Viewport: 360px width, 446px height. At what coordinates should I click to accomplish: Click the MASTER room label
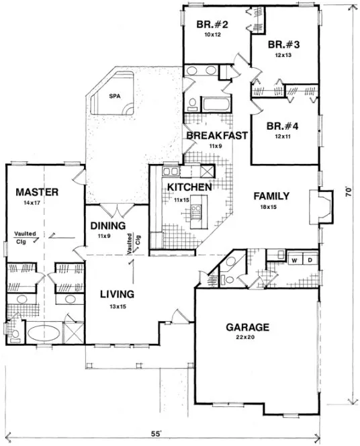[37, 192]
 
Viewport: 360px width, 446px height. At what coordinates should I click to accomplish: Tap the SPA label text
[116, 96]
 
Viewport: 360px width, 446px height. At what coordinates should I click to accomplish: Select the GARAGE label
[247, 327]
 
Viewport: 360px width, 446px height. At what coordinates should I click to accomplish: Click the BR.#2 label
[212, 26]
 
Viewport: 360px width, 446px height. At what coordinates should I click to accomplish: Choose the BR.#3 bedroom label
[283, 46]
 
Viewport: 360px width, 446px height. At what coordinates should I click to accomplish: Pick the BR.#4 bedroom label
[282, 126]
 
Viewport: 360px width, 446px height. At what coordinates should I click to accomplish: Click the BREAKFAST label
[217, 136]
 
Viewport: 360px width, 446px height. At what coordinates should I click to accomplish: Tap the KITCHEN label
[190, 186]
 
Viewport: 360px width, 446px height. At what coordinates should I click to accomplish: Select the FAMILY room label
[271, 196]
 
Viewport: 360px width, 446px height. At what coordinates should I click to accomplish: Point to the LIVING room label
[117, 294]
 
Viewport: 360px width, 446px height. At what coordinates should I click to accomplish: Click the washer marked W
[295, 259]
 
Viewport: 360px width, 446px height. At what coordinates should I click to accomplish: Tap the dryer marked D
[310, 259]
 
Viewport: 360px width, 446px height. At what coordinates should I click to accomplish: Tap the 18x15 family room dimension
[270, 208]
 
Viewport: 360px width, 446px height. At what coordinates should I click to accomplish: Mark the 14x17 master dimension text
[37, 202]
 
